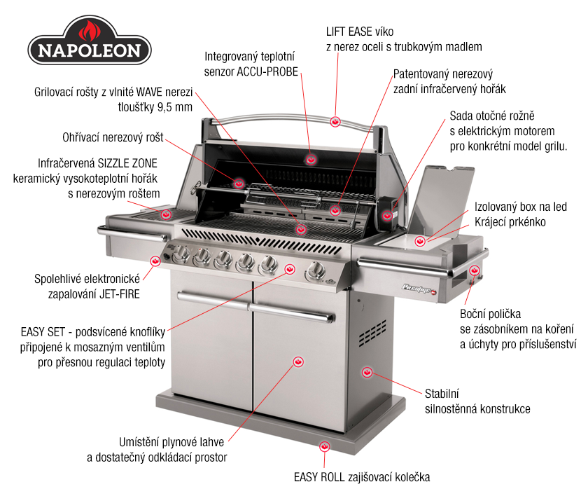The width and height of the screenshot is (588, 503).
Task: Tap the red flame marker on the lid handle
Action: pyautogui.click(x=335, y=122)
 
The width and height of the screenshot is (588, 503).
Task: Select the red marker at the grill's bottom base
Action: pyautogui.click(x=325, y=446)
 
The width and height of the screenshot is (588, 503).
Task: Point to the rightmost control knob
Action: pyautogui.click(x=315, y=271)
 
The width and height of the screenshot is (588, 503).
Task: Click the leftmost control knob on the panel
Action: pyautogui.click(x=181, y=254)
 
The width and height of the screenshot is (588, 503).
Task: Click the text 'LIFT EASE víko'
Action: pyautogui.click(x=360, y=32)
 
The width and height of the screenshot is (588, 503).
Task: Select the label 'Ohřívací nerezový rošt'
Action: pyautogui.click(x=113, y=137)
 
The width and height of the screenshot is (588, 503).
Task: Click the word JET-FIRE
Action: pyautogui.click(x=120, y=294)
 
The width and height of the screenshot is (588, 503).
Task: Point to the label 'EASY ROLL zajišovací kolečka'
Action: pyautogui.click(x=362, y=477)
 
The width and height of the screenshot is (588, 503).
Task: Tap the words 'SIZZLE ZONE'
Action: pyautogui.click(x=127, y=163)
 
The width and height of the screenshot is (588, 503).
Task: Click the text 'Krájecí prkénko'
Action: pyautogui.click(x=510, y=222)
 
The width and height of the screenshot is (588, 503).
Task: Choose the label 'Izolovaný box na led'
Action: pyautogui.click(x=521, y=207)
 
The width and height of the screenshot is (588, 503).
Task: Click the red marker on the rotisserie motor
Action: pyautogui.click(x=387, y=216)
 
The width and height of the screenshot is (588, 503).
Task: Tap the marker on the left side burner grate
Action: pyautogui.click(x=166, y=214)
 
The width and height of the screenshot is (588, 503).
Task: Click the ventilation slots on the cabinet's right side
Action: pyautogui.click(x=372, y=333)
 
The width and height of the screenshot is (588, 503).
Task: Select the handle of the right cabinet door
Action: pyautogui.click(x=292, y=313)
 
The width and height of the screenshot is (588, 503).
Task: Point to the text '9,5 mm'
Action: pyautogui.click(x=175, y=107)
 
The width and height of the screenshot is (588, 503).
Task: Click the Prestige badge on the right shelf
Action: pyautogui.click(x=419, y=289)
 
